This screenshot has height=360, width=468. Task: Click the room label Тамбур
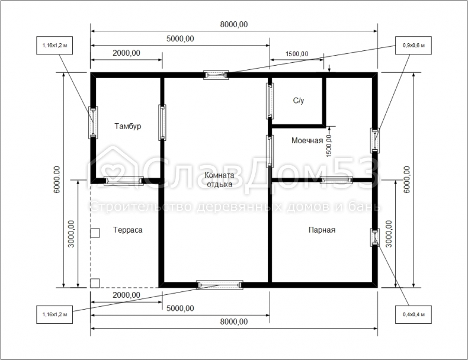pyautogui.click(x=128, y=126)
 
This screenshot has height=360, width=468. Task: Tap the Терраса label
pyautogui.click(x=128, y=230)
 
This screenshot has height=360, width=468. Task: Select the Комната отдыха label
pyautogui.click(x=219, y=179)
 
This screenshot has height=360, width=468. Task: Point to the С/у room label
pyautogui.click(x=299, y=101)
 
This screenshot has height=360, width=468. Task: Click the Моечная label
pyautogui.click(x=307, y=140)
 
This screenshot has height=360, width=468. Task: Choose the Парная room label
pyautogui.click(x=322, y=230)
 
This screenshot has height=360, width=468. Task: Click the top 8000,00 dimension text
pyautogui.click(x=234, y=24)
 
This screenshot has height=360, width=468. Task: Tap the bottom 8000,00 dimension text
pyautogui.click(x=234, y=322)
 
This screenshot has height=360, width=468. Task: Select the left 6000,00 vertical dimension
pyautogui.click(x=57, y=179)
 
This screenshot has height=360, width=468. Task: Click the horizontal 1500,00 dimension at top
pyautogui.click(x=297, y=54)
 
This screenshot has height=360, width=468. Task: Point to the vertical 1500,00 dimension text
pyautogui.click(x=329, y=146)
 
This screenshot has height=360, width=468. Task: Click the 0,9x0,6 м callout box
pyautogui.click(x=413, y=46)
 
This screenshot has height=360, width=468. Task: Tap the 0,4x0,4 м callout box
pyautogui.click(x=413, y=314)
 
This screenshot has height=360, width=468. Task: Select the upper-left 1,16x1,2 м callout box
pyautogui.click(x=55, y=46)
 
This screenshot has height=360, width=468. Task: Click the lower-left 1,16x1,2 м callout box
pyautogui.click(x=55, y=314)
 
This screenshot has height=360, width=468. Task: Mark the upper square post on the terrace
pyautogui.click(x=95, y=233)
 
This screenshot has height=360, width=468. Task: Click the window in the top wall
pyautogui.click(x=216, y=75)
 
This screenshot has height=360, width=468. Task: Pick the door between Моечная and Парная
pyautogui.click(x=336, y=180)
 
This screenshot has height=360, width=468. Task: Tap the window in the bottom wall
pyautogui.click(x=220, y=285)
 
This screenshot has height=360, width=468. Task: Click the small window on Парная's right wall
pyautogui.click(x=375, y=237)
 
